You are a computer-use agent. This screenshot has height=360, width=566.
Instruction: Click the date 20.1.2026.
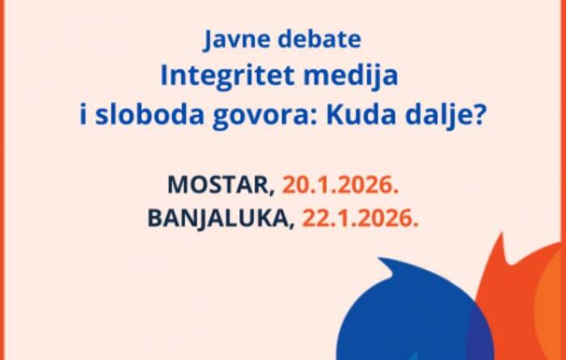[x=340, y=184]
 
